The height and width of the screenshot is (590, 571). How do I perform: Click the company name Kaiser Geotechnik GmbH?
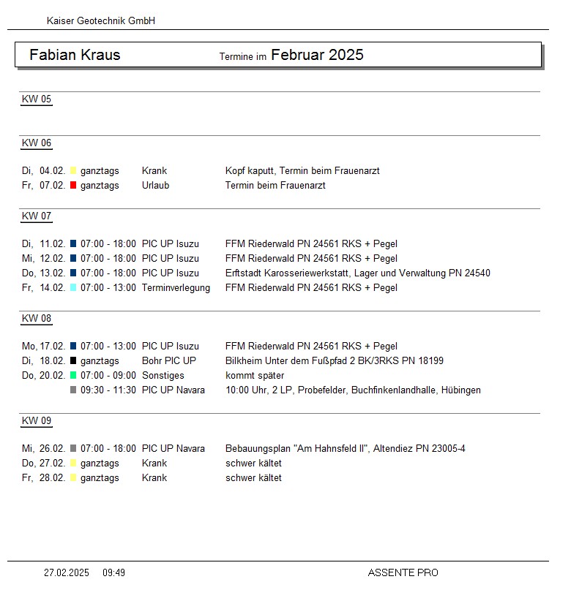click(100, 21)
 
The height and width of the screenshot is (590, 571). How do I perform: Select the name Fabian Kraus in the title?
click(75, 55)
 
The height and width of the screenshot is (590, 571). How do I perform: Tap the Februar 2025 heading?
click(317, 55)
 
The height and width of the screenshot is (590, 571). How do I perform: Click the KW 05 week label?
click(37, 99)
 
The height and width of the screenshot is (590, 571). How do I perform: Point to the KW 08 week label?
click(37, 319)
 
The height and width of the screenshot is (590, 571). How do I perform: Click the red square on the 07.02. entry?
click(73, 186)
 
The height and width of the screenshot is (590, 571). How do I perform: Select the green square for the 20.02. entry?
click(73, 376)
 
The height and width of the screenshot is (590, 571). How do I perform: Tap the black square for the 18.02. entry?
click(73, 361)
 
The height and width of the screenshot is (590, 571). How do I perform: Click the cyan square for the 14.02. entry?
click(73, 288)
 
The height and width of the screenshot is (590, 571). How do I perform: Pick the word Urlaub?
click(155, 186)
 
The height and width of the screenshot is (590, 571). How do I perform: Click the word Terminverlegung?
click(176, 288)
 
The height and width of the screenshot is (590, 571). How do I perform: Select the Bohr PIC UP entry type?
click(168, 361)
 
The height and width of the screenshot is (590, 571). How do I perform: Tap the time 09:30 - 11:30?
click(108, 390)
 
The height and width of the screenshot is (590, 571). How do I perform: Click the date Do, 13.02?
click(43, 273)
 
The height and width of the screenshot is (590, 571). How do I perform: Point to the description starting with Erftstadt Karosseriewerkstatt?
click(357, 273)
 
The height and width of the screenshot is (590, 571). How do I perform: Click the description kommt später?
click(255, 376)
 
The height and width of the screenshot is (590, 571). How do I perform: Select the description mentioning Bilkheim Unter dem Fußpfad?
click(334, 361)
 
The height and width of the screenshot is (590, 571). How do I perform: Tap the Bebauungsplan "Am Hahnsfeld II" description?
click(345, 449)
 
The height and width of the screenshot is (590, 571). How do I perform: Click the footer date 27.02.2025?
click(67, 573)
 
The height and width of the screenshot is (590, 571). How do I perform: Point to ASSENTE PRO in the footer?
click(403, 573)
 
